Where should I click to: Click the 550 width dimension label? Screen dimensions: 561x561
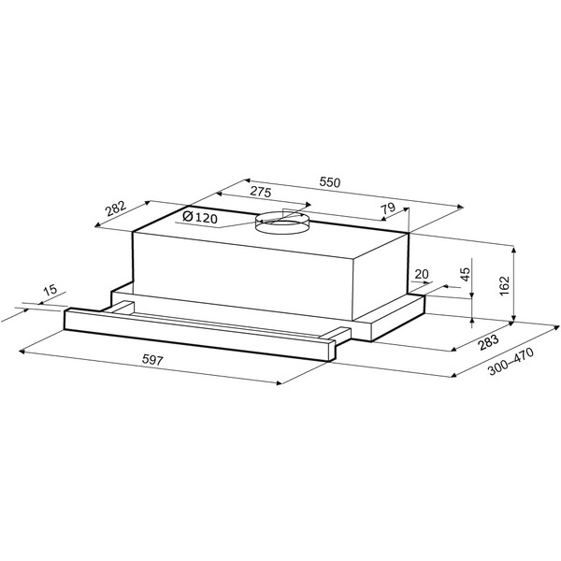click(329, 182)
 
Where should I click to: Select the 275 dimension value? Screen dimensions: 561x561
click(260, 192)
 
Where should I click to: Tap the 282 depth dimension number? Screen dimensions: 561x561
click(116, 209)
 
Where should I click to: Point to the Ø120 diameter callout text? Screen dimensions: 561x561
click(200, 217)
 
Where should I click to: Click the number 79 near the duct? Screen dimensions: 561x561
click(388, 208)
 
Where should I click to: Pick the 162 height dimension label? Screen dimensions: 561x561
click(504, 285)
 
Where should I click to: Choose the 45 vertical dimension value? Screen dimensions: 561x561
click(465, 274)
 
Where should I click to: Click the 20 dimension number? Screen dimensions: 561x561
click(422, 274)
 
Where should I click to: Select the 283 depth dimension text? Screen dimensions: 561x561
click(488, 342)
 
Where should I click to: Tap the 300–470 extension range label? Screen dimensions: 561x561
click(511, 361)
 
